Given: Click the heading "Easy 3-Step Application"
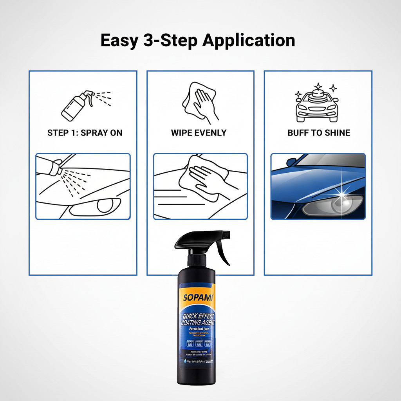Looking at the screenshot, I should (x=198, y=41).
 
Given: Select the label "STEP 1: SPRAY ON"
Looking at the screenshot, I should (x=85, y=133).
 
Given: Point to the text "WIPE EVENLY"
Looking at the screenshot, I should (x=199, y=133).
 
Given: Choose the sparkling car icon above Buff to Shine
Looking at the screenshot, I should (x=316, y=103).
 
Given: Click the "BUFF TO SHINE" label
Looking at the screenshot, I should (x=319, y=133).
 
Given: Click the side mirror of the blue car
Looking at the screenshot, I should (x=292, y=161).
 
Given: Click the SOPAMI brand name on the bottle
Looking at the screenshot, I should (x=198, y=297).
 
